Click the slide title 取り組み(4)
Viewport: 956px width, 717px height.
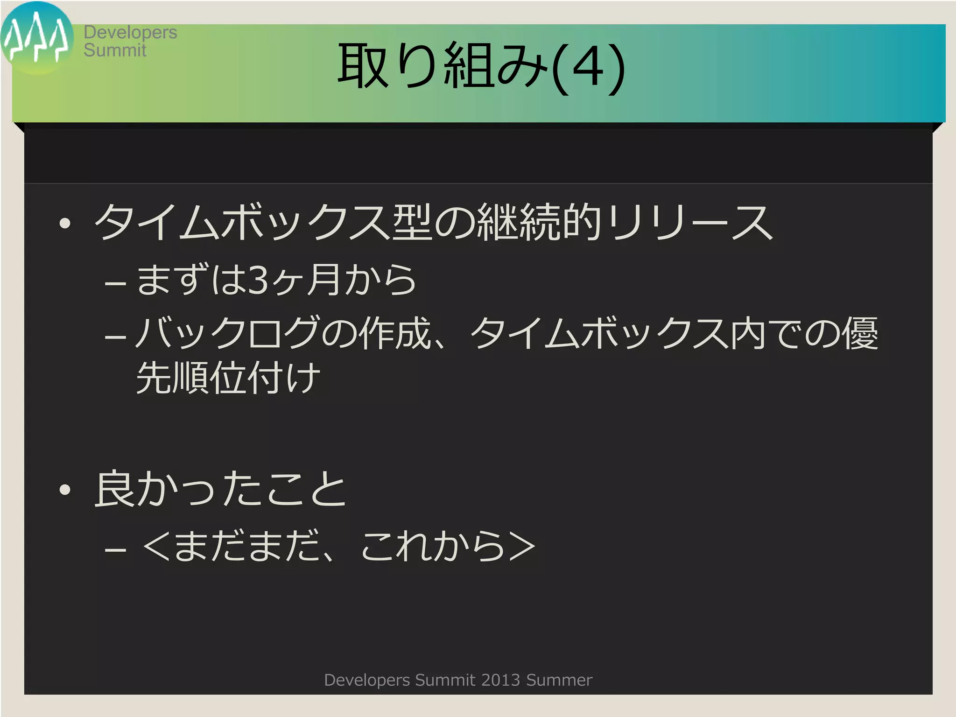(481, 66)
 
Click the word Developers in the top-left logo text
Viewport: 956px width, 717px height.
(130, 32)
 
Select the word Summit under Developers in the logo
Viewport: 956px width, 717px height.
(115, 50)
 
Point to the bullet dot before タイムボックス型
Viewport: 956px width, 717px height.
(65, 224)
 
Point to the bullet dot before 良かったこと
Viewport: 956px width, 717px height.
(65, 490)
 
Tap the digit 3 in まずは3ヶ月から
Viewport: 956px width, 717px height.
(258, 280)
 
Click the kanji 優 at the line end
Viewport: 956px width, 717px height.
(859, 333)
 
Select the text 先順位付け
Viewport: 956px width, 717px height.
(228, 377)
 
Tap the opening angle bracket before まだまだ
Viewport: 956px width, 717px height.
(156, 545)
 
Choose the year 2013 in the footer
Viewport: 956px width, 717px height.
(500, 680)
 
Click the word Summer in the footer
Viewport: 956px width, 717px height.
(559, 680)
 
